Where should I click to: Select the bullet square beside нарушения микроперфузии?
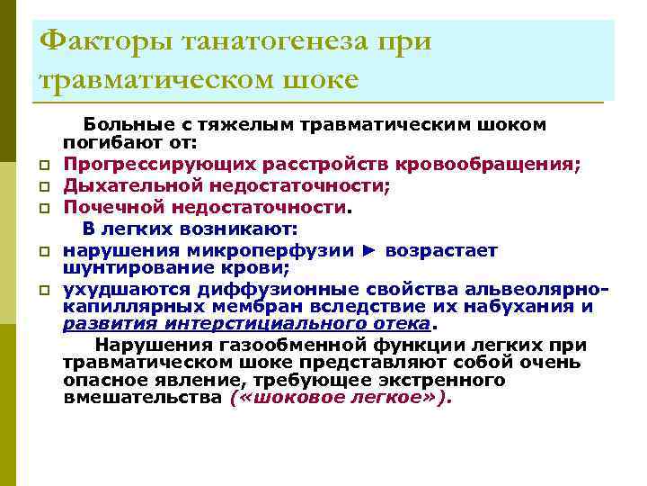tap(42, 253)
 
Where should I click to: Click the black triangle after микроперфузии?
tap(370, 250)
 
